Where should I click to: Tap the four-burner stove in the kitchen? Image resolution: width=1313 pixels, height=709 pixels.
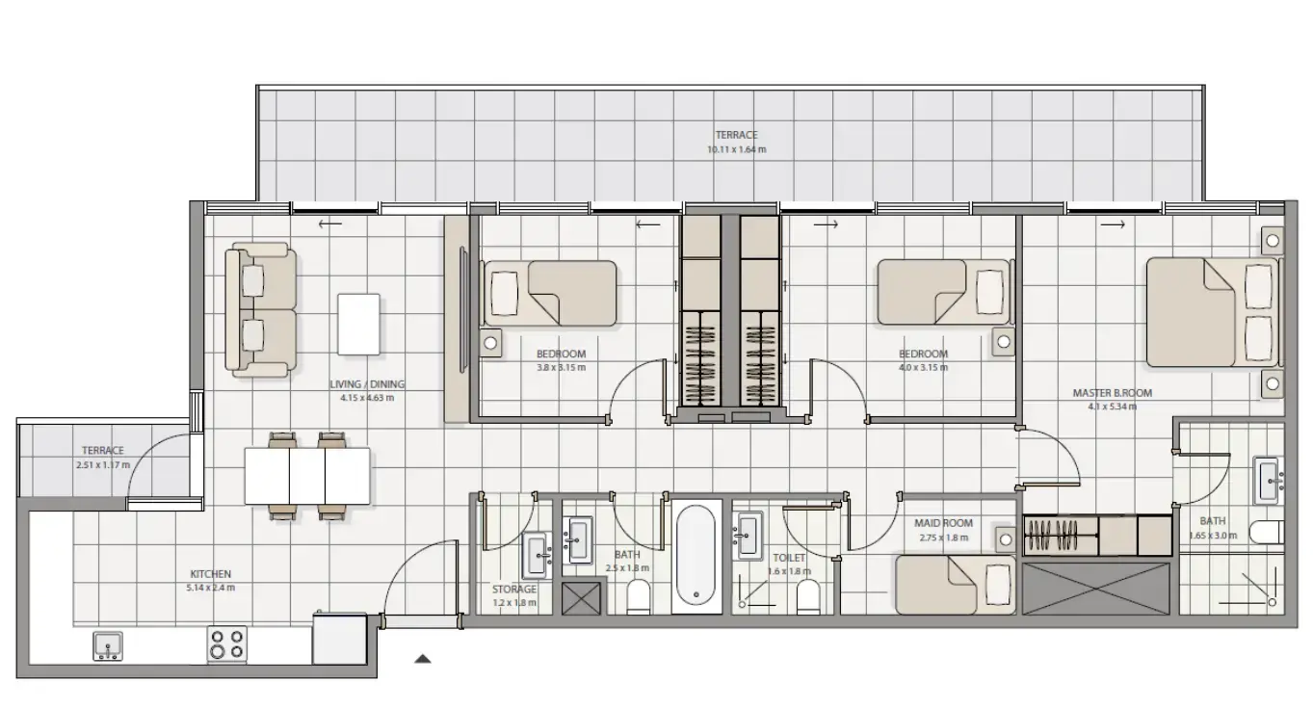[226, 643]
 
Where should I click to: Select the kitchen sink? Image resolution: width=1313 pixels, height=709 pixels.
[108, 645]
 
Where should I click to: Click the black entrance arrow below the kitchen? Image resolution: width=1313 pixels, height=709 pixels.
[422, 659]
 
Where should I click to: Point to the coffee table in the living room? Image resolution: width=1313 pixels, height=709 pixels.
[358, 324]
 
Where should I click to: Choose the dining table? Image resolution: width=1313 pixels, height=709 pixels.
[306, 477]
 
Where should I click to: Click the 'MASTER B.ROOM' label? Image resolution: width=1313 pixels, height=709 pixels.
[1112, 393]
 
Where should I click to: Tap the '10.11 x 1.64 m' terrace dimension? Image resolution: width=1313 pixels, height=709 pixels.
[736, 149]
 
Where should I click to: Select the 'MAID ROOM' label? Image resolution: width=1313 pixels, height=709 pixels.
[943, 523]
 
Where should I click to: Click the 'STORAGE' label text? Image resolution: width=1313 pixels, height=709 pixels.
[513, 590]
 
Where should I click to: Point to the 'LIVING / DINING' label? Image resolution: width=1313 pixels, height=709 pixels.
[360, 382]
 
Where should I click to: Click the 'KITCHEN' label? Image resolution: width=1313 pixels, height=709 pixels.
[210, 574]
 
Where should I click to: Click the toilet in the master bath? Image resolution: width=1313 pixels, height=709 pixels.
[1266, 532]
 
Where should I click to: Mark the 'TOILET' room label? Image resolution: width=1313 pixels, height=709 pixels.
[789, 557]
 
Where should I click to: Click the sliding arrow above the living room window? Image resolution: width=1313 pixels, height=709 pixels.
[328, 223]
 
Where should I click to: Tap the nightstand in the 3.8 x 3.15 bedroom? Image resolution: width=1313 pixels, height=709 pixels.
[490, 342]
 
